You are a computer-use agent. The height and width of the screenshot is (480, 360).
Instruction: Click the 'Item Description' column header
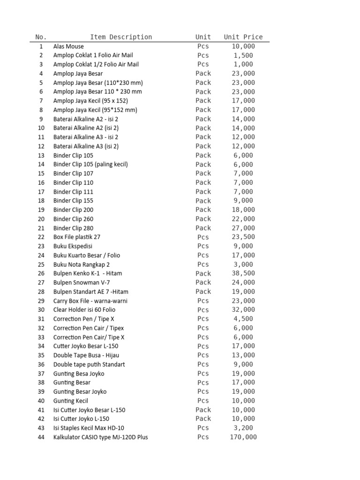(x=121, y=37)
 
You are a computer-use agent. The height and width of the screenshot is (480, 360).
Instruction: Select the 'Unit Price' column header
(x=243, y=37)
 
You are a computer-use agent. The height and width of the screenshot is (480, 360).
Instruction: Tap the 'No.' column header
(x=41, y=37)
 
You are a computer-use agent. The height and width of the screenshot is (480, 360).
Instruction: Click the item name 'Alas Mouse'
(x=68, y=46)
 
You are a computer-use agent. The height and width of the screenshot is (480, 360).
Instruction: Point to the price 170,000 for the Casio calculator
(x=243, y=437)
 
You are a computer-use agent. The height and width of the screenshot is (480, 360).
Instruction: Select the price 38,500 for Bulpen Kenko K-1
(x=243, y=273)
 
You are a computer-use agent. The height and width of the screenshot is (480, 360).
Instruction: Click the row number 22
(x=41, y=237)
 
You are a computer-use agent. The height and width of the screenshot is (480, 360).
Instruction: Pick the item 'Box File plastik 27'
(x=77, y=237)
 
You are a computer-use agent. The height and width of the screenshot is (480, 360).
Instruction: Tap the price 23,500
(x=243, y=237)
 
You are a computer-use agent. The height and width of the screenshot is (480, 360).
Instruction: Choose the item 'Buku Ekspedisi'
(x=73, y=246)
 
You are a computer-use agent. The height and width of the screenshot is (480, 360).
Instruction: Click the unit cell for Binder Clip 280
(x=203, y=228)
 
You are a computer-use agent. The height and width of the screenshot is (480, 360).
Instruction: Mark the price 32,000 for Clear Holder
(x=243, y=310)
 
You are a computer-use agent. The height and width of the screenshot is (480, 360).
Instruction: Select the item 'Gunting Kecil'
(x=70, y=401)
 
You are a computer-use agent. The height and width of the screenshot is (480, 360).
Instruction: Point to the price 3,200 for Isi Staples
(x=243, y=428)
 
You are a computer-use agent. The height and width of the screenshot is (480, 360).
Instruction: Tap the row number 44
(x=41, y=437)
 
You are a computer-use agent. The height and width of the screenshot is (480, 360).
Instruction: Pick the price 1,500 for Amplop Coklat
(x=243, y=55)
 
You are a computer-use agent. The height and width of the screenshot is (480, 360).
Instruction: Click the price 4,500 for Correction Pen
(x=243, y=319)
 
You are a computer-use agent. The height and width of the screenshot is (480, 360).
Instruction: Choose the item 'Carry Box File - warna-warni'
(x=90, y=301)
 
